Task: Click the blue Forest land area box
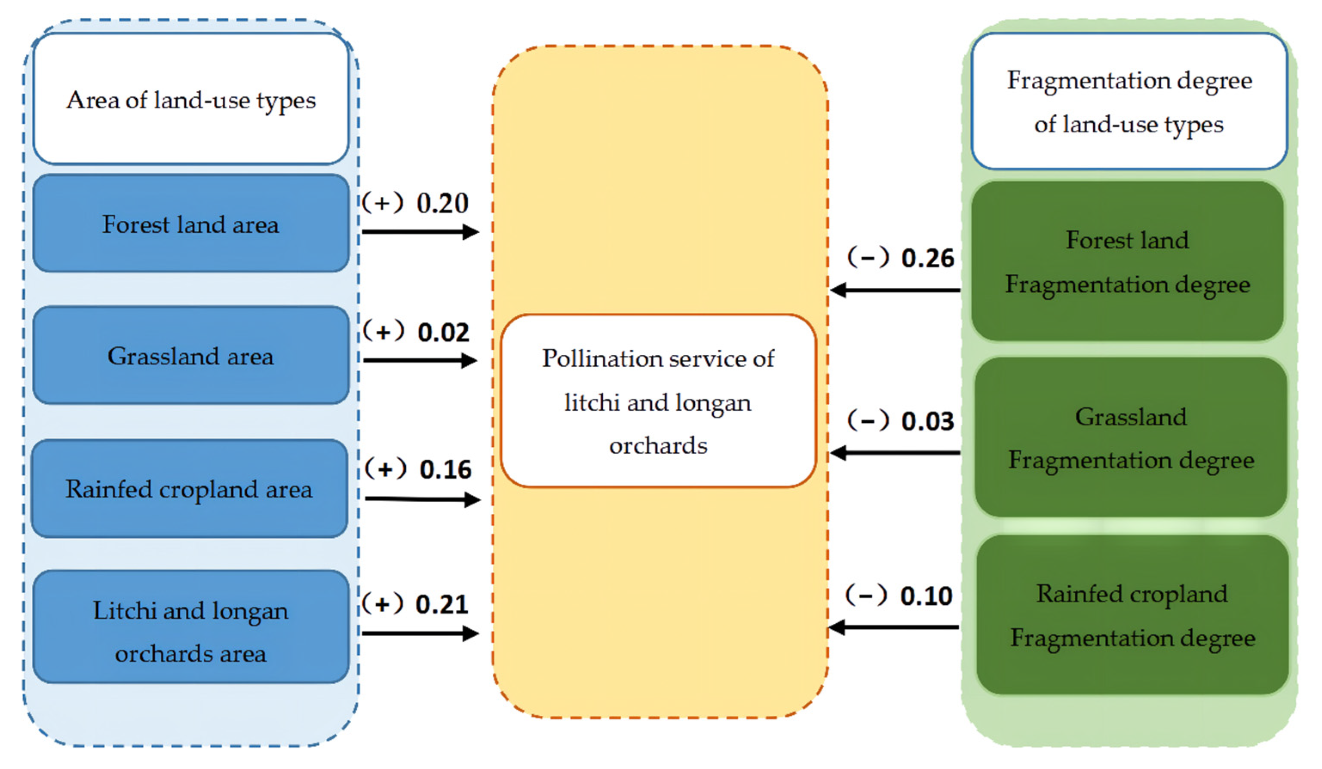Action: (190, 224)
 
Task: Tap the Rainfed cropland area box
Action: (190, 488)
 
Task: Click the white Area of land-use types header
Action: (190, 100)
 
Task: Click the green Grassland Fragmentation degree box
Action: (1131, 438)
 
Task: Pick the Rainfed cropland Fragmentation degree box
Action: (1132, 615)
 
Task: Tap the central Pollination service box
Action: (658, 401)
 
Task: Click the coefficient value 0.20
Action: (442, 203)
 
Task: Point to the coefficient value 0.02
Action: (443, 333)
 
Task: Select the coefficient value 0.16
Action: (445, 469)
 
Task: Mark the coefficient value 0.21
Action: (442, 604)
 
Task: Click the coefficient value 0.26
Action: (927, 258)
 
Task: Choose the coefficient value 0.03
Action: (927, 421)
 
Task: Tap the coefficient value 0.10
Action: (926, 596)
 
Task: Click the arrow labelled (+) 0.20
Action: (420, 232)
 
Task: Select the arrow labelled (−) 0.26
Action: (896, 290)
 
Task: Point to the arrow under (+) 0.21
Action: (420, 634)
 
